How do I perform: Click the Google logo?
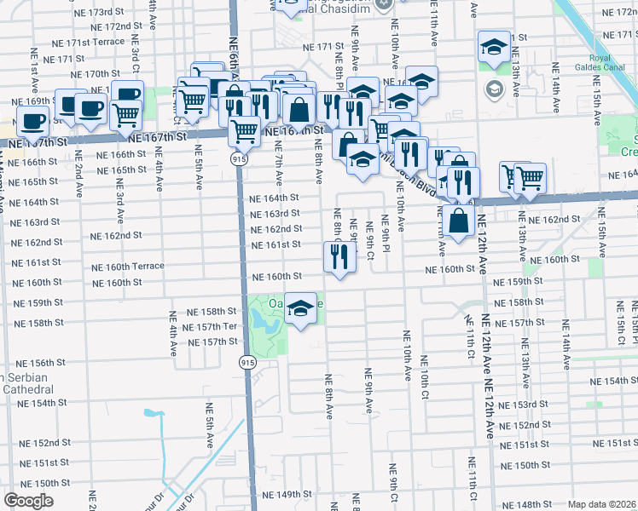pyautogui.click(x=28, y=500)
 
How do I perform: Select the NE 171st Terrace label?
pyautogui.click(x=88, y=42)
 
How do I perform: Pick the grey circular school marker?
pyautogui.click(x=494, y=89)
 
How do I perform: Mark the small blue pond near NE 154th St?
pyautogui.click(x=154, y=414)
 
